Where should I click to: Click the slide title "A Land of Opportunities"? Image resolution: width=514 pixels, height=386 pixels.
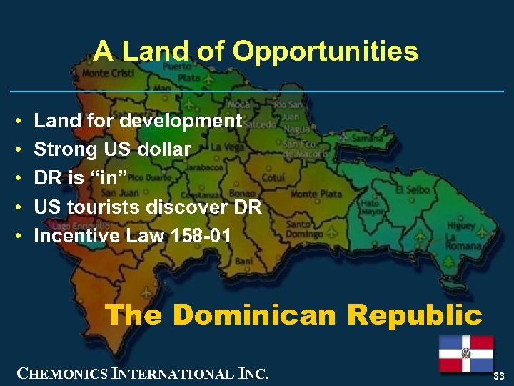(x=256, y=51)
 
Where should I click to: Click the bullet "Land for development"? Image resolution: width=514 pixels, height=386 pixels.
(x=138, y=121)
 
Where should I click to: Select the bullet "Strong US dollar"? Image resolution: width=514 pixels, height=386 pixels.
(x=112, y=149)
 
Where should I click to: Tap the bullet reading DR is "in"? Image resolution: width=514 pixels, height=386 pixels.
(x=81, y=178)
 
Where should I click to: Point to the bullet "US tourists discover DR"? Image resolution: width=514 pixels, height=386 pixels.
(x=148, y=207)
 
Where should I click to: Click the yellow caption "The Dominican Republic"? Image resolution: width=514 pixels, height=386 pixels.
(x=293, y=315)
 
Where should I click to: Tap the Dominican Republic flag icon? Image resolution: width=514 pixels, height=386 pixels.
(x=465, y=352)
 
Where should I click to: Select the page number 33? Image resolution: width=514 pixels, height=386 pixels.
(x=498, y=376)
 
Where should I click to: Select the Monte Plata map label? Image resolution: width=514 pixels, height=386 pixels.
(x=316, y=194)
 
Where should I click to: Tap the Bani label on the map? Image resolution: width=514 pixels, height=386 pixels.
(x=244, y=262)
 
